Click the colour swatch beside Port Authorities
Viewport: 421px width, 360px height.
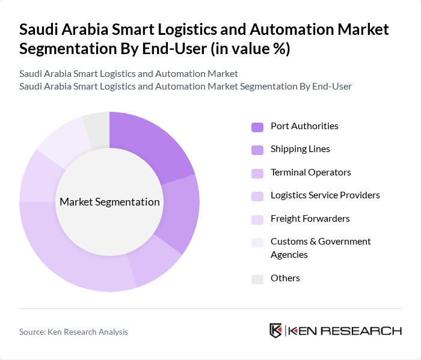click(x=257, y=127)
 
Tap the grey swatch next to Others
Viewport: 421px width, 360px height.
click(x=257, y=279)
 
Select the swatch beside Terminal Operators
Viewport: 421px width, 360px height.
click(x=257, y=173)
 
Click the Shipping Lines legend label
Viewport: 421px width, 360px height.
click(x=300, y=149)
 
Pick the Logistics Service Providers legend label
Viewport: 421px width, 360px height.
click(x=325, y=195)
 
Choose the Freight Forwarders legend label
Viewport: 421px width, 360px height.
click(x=310, y=218)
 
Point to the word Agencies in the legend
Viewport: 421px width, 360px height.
click(x=289, y=255)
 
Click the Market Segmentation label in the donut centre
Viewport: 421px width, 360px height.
click(x=109, y=202)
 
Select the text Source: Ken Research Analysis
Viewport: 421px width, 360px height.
click(x=73, y=332)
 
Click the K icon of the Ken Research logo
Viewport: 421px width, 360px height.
click(x=275, y=331)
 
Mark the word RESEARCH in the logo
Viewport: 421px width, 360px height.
click(x=367, y=331)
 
